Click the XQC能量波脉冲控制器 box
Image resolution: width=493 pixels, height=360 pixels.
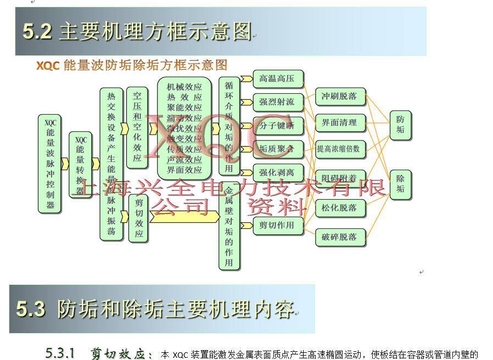tap(50, 163)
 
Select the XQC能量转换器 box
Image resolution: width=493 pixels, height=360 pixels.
tap(81, 164)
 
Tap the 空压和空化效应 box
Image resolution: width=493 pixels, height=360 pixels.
tap(137, 127)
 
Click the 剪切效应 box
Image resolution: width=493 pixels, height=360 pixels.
tap(138, 218)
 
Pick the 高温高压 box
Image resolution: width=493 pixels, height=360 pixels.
tap(278, 79)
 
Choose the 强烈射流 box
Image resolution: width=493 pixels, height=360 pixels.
tap(278, 102)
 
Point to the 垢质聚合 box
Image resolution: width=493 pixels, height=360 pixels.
tap(278, 149)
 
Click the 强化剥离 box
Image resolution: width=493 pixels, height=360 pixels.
tap(278, 172)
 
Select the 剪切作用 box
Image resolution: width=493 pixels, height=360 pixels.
tap(278, 225)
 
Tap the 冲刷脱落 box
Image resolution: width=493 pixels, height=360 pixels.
tap(340, 97)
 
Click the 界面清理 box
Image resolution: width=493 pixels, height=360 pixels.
tap(340, 122)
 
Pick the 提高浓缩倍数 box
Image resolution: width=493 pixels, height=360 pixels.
tap(340, 149)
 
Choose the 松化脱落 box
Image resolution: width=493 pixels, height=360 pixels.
tap(340, 208)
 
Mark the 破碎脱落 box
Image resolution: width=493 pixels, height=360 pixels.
tap(340, 237)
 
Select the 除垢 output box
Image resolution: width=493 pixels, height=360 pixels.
tap(400, 184)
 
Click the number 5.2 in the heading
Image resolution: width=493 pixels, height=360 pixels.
tap(37, 31)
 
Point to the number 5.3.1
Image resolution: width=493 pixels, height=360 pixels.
tap(60, 353)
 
